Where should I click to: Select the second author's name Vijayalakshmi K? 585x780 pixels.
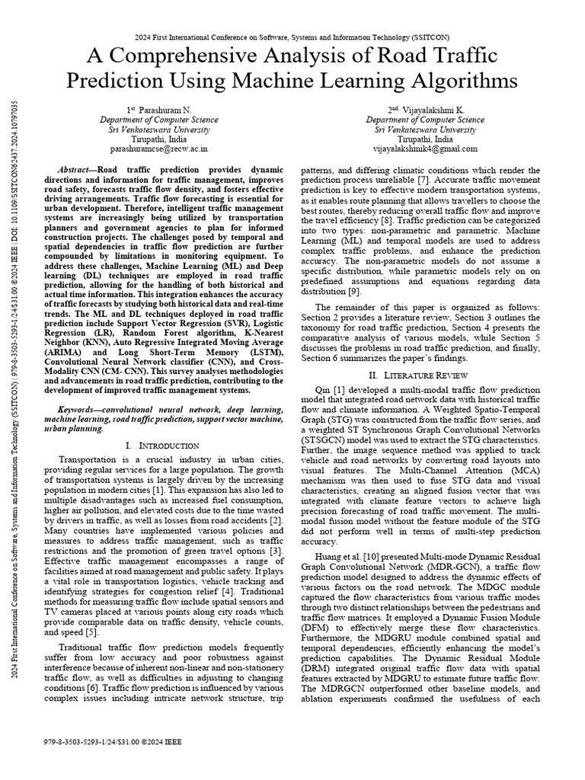point(430,110)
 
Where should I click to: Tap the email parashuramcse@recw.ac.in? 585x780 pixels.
point(158,149)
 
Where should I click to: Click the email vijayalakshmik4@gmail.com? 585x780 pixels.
point(424,149)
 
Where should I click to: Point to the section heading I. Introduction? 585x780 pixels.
point(161,445)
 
